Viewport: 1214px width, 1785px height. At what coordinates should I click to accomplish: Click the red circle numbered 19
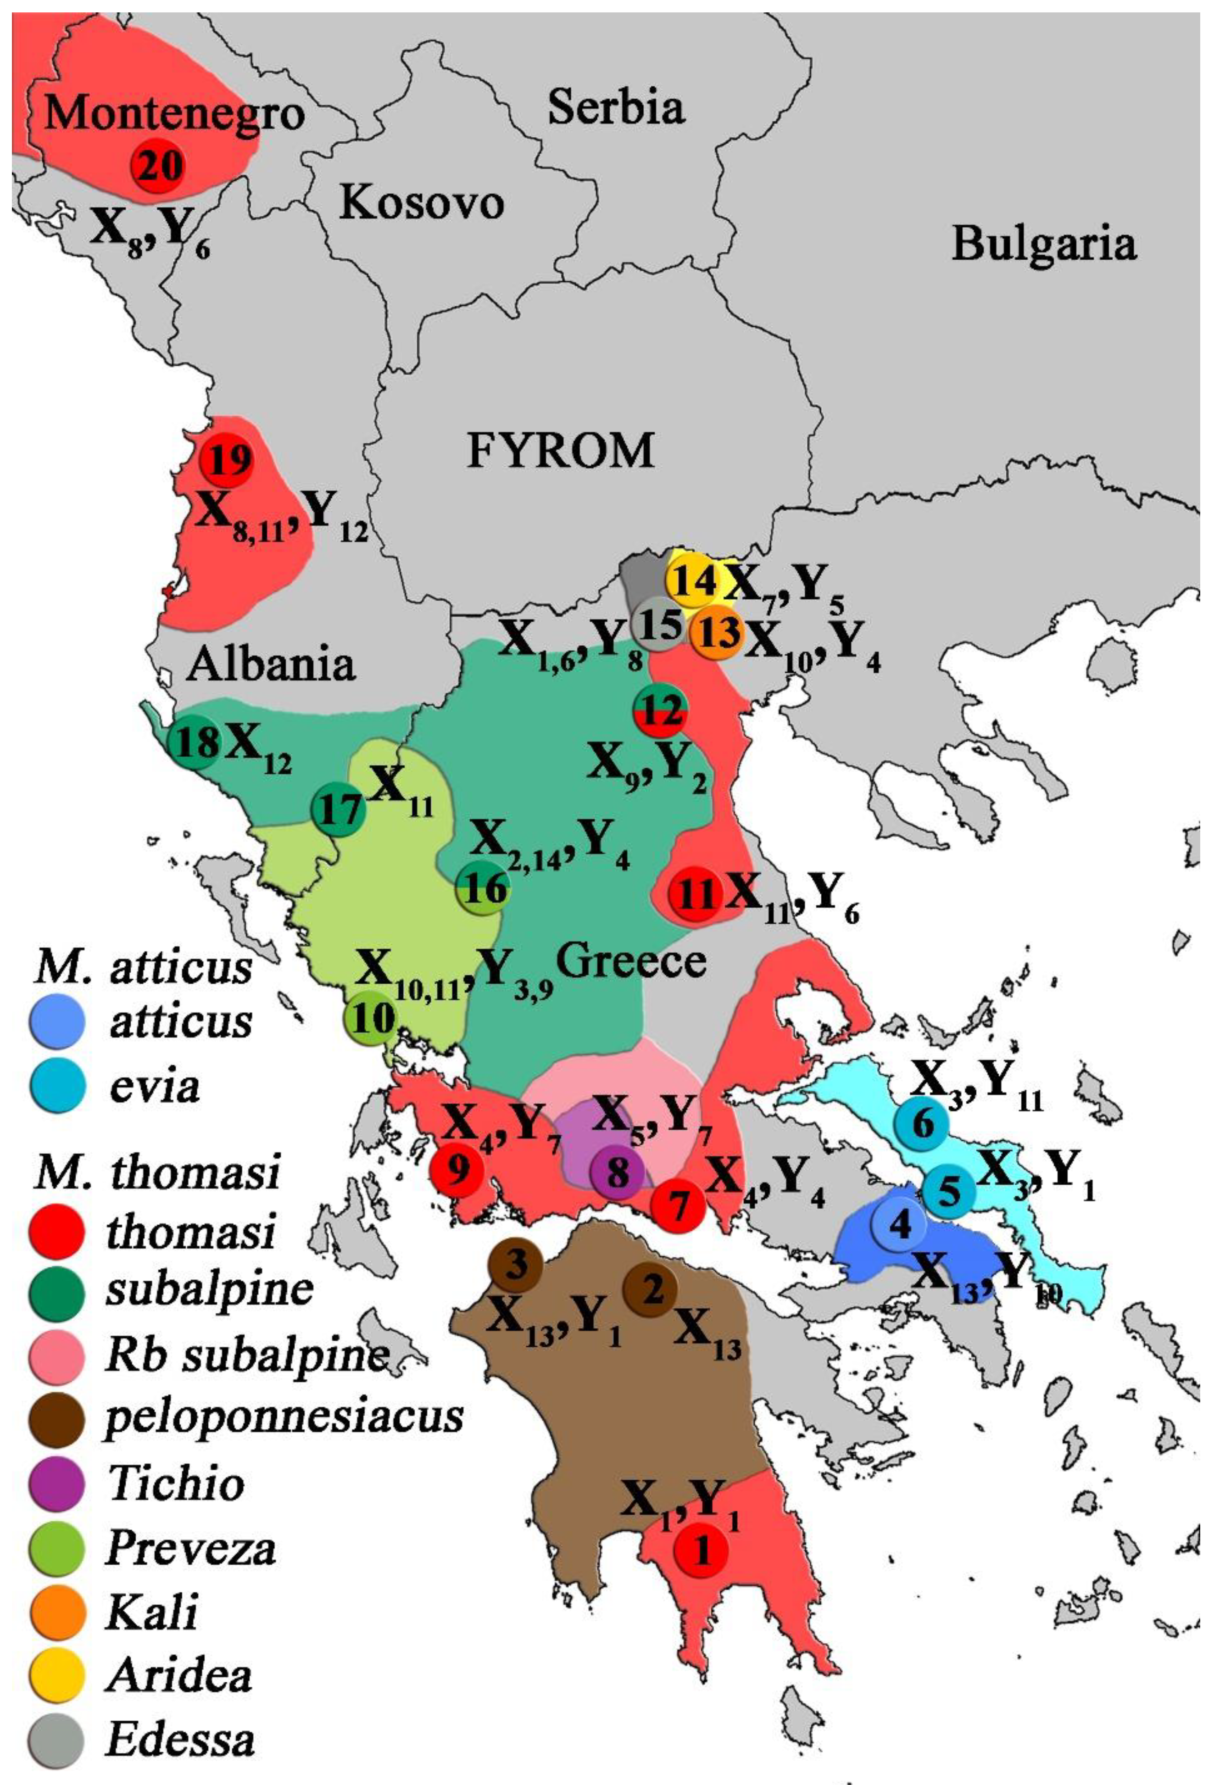click(227, 460)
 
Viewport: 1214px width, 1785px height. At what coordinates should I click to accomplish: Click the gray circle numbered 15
click(659, 625)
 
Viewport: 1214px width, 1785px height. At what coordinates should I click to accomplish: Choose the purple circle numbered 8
click(618, 1172)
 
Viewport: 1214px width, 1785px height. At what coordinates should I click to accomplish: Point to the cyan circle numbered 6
click(921, 1124)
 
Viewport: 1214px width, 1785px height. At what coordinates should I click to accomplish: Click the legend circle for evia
click(56, 1085)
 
